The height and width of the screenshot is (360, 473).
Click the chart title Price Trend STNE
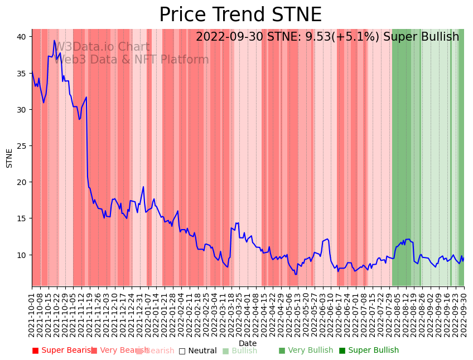click(x=240, y=15)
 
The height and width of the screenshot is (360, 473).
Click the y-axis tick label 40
click(x=21, y=37)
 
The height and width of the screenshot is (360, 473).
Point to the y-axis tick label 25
click(x=21, y=146)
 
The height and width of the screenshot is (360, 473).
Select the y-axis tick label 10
click(x=21, y=255)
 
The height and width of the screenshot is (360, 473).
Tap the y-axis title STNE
click(x=9, y=158)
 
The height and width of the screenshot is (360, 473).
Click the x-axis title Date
click(x=248, y=344)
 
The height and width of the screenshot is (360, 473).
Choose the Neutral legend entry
click(x=197, y=351)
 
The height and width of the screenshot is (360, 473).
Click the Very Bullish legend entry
click(x=306, y=351)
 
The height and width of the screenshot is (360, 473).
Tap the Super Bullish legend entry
click(x=369, y=351)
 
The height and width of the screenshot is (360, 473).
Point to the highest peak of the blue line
click(x=55, y=40)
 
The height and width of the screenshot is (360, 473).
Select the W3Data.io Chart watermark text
click(x=102, y=47)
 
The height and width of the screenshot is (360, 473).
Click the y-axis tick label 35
click(x=21, y=73)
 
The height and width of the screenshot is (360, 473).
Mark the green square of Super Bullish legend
click(x=342, y=351)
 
